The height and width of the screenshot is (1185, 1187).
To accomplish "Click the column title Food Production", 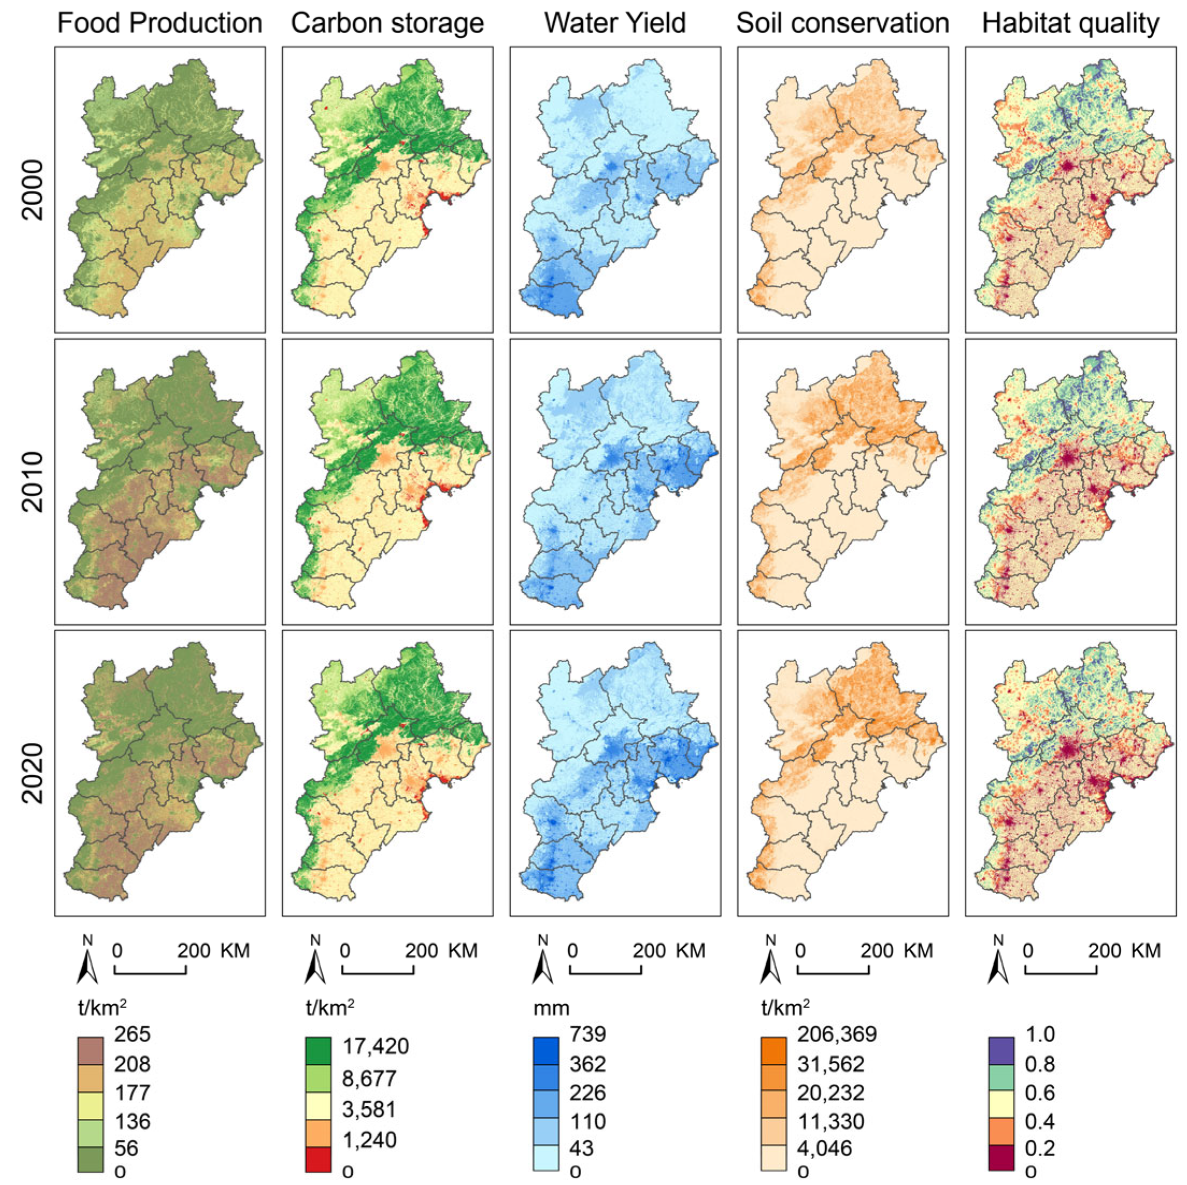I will [160, 23].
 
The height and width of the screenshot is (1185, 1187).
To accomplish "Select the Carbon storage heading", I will [387, 23].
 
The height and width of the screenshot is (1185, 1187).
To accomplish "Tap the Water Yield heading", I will [615, 23].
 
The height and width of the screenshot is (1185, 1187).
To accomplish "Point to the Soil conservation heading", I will [842, 23].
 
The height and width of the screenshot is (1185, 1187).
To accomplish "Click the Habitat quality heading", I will [1070, 23].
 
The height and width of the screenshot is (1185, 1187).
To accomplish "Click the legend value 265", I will [132, 1034].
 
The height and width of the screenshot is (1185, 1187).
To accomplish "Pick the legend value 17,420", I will [375, 1046].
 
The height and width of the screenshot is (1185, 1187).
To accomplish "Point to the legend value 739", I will [588, 1034].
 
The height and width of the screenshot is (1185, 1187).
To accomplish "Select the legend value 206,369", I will [837, 1034].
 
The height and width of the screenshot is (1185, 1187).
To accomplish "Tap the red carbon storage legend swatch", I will [318, 1159].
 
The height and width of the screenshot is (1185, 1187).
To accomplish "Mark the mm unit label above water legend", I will [551, 1008].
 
